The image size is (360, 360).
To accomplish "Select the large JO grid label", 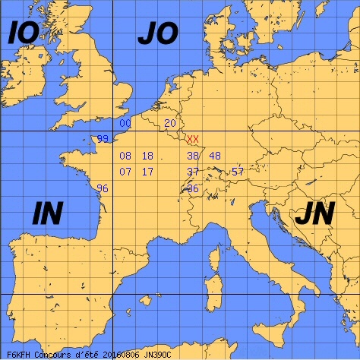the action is (157, 33).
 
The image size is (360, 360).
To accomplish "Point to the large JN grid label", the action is (314, 215).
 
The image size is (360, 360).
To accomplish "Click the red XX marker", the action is (193, 139).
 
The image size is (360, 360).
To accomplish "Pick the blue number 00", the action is (125, 123).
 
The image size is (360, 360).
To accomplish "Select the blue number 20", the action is (170, 123).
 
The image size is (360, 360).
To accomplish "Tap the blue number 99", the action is (103, 139).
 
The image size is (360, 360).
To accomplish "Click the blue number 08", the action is (125, 156).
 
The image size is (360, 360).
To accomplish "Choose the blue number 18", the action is (147, 156).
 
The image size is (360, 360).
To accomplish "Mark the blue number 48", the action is (215, 156).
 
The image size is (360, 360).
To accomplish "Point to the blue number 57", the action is (238, 172).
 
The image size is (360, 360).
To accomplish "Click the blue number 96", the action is (103, 188).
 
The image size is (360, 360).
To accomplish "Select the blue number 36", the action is (193, 188).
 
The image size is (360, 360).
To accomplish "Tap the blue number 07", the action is (125, 172).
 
